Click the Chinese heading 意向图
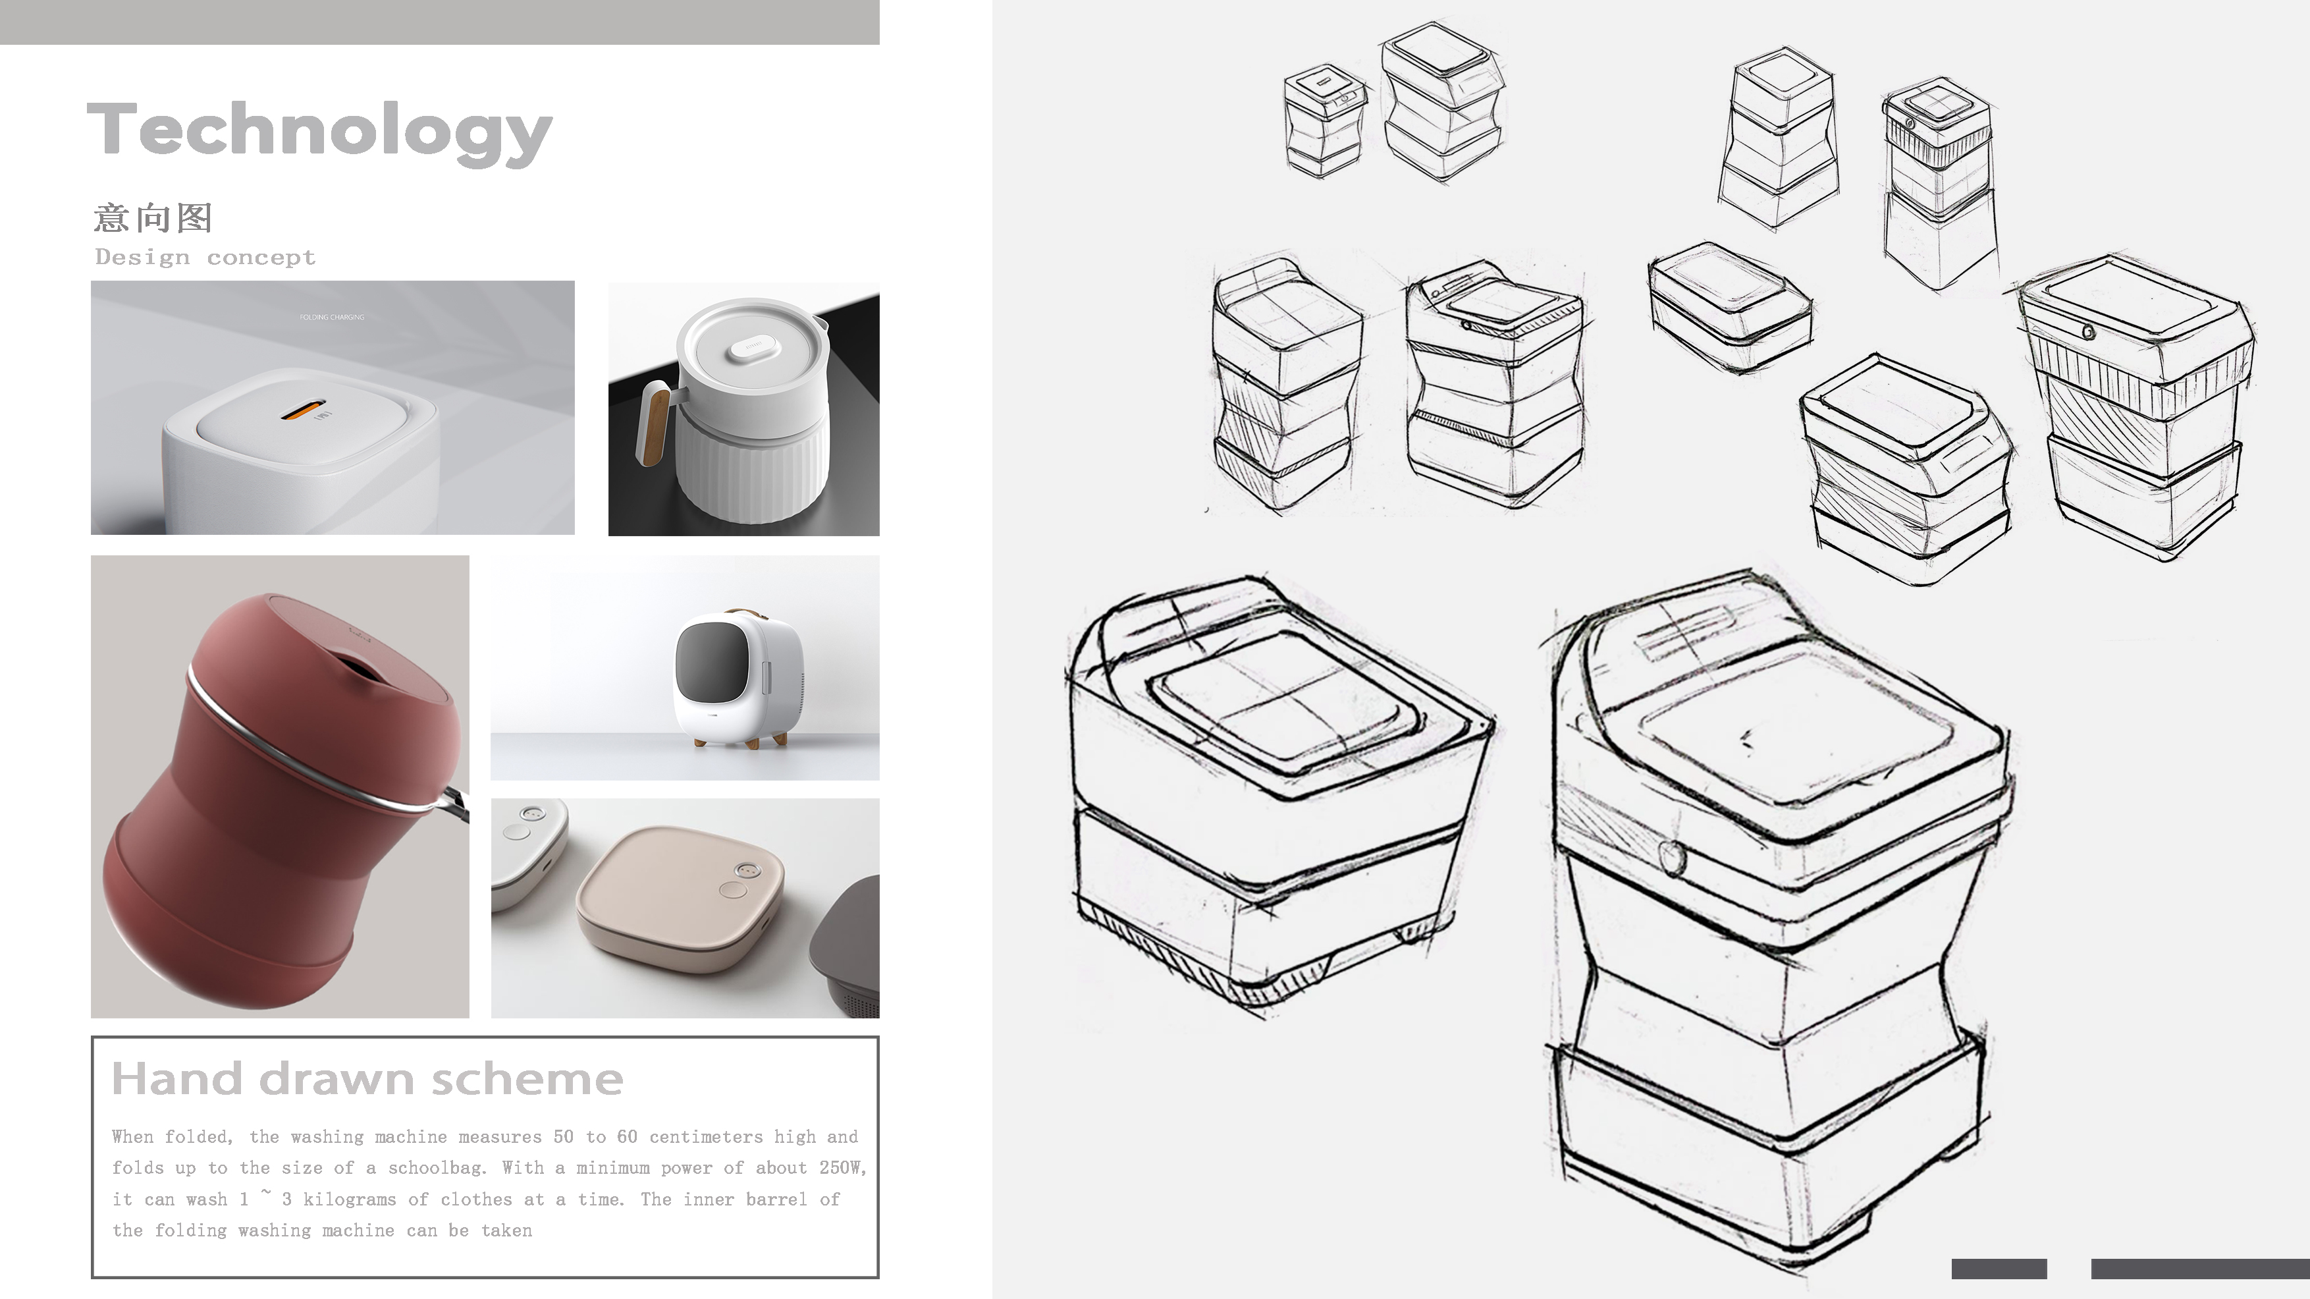(x=153, y=218)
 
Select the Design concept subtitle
(x=205, y=258)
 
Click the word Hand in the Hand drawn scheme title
(x=178, y=1079)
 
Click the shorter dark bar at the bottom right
(x=1999, y=1269)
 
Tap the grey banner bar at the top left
(x=439, y=22)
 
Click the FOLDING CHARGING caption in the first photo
(x=332, y=318)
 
